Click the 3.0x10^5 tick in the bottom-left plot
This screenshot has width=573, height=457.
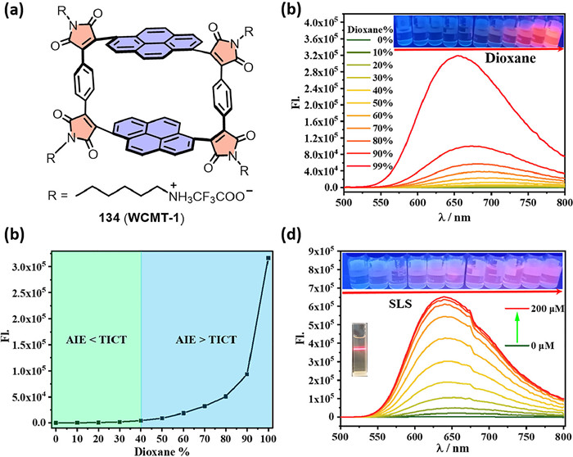[x=33, y=267]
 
